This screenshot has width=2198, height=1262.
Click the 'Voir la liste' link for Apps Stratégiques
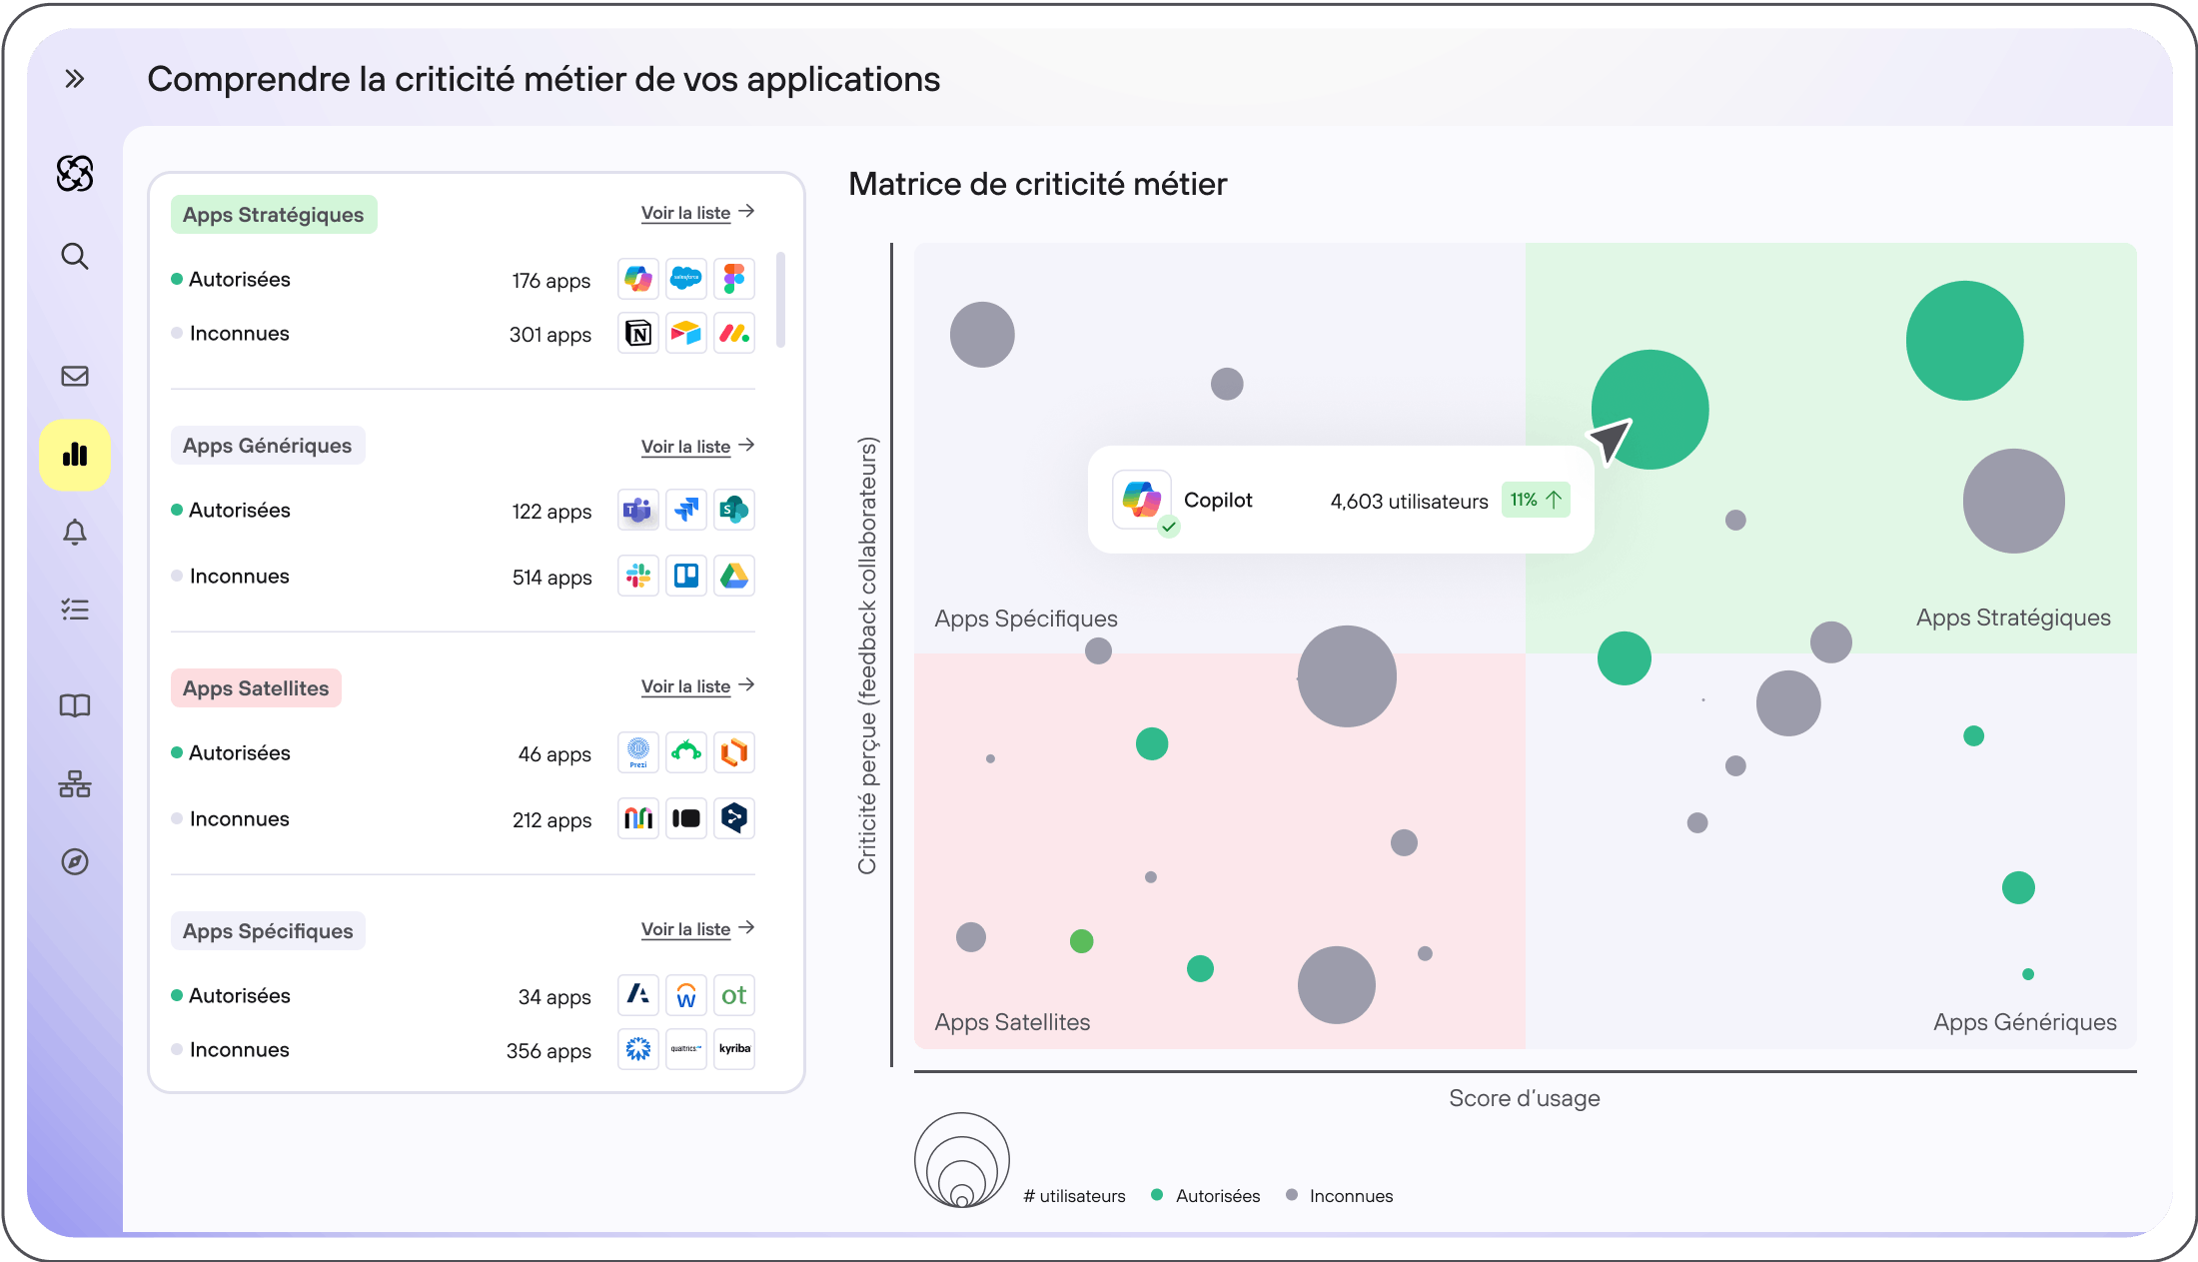[x=697, y=213]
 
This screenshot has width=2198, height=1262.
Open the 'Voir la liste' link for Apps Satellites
[x=697, y=686]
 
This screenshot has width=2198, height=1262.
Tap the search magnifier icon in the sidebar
[x=75, y=257]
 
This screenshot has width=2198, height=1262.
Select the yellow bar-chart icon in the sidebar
[x=75, y=456]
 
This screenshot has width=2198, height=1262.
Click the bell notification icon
[x=75, y=533]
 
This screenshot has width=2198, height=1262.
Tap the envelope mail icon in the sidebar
[x=75, y=376]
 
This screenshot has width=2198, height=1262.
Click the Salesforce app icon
[x=686, y=279]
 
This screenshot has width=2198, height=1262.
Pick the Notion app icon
[x=638, y=333]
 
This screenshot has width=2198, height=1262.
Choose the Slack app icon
[x=638, y=576]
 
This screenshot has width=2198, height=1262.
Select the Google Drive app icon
[x=734, y=576]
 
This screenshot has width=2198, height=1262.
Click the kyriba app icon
[x=734, y=1049]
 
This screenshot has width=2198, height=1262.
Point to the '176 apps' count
[x=551, y=281]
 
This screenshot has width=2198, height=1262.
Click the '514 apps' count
[x=551, y=578]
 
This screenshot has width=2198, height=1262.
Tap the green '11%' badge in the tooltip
[x=1536, y=500]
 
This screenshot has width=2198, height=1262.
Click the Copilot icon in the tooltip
[x=1142, y=499]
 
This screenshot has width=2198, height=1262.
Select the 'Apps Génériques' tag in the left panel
[x=268, y=446]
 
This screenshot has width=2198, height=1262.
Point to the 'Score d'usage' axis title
[x=1525, y=1098]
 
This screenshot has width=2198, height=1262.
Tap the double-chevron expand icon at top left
[x=75, y=79]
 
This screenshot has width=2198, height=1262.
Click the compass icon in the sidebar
[x=75, y=861]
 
